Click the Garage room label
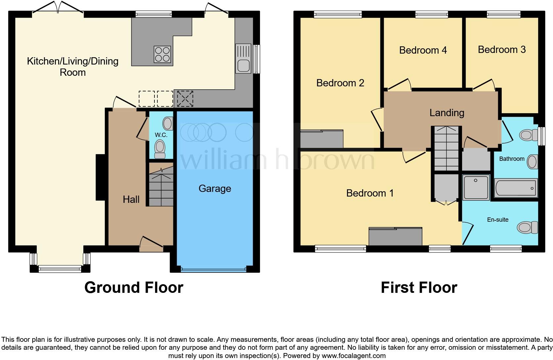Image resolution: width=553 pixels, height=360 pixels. point(215,189)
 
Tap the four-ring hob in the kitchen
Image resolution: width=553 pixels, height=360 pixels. point(162,54)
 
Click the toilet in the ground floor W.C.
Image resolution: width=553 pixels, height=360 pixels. point(160,149)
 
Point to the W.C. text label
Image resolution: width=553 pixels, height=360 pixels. point(161,135)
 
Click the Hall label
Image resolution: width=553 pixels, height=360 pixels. point(131,199)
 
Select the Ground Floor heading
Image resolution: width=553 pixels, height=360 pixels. point(134,288)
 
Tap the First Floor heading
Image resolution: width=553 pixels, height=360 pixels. point(419,288)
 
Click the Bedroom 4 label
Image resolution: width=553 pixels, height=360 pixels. point(423,50)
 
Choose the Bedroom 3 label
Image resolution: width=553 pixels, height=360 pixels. point(501,50)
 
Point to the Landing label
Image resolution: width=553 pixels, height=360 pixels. point(447,113)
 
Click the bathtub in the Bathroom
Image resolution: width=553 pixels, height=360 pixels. point(516,188)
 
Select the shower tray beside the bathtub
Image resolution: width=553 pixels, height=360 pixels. point(476,188)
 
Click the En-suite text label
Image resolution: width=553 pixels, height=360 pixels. point(497,220)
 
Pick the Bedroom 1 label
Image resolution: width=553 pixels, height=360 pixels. point(370,193)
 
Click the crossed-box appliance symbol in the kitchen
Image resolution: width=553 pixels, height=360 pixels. point(185,99)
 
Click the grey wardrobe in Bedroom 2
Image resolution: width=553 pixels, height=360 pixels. point(321,139)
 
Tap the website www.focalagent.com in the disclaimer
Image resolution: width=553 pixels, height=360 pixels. point(354,356)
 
